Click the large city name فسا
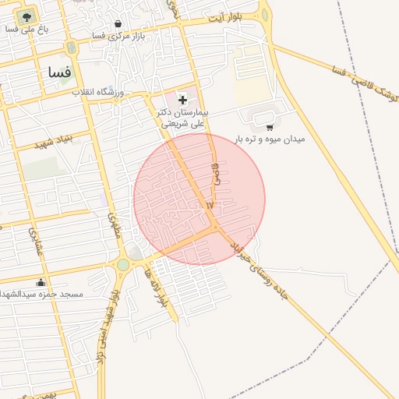[59, 72]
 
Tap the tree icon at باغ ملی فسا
[26, 16]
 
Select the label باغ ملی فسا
[26, 29]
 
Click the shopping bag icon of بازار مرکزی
[118, 23]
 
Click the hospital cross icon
[183, 99]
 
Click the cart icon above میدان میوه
[270, 126]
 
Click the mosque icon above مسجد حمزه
[41, 281]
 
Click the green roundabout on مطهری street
[122, 265]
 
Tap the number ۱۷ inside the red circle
[209, 205]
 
